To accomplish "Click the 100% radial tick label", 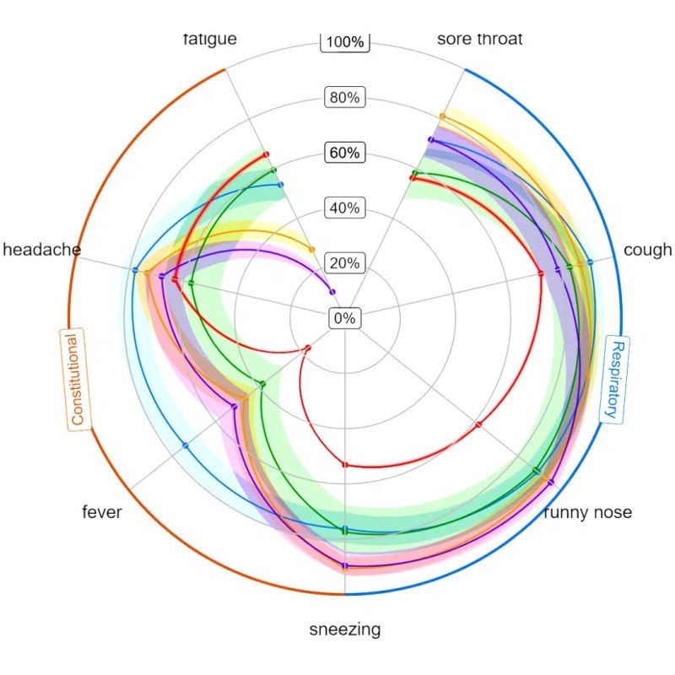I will [345, 42].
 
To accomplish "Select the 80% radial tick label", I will [345, 97].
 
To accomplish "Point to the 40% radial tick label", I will [345, 208].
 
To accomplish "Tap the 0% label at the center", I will [345, 318].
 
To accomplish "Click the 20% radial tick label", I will [345, 263].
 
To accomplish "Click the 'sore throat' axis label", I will [480, 39].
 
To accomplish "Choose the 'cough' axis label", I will [647, 250].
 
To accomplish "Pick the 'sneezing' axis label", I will [344, 629].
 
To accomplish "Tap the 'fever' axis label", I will [102, 512].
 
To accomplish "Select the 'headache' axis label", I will [42, 250].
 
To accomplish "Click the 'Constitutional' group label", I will [76, 379].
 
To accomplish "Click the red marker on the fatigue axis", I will [266, 154].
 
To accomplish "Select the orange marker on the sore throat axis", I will [442, 116].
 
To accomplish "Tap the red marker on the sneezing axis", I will [344, 465].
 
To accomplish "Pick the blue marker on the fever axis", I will [185, 445].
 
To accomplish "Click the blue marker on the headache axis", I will [135, 270].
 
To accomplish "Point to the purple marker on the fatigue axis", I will [332, 292].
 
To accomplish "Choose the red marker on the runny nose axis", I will [478, 425].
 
